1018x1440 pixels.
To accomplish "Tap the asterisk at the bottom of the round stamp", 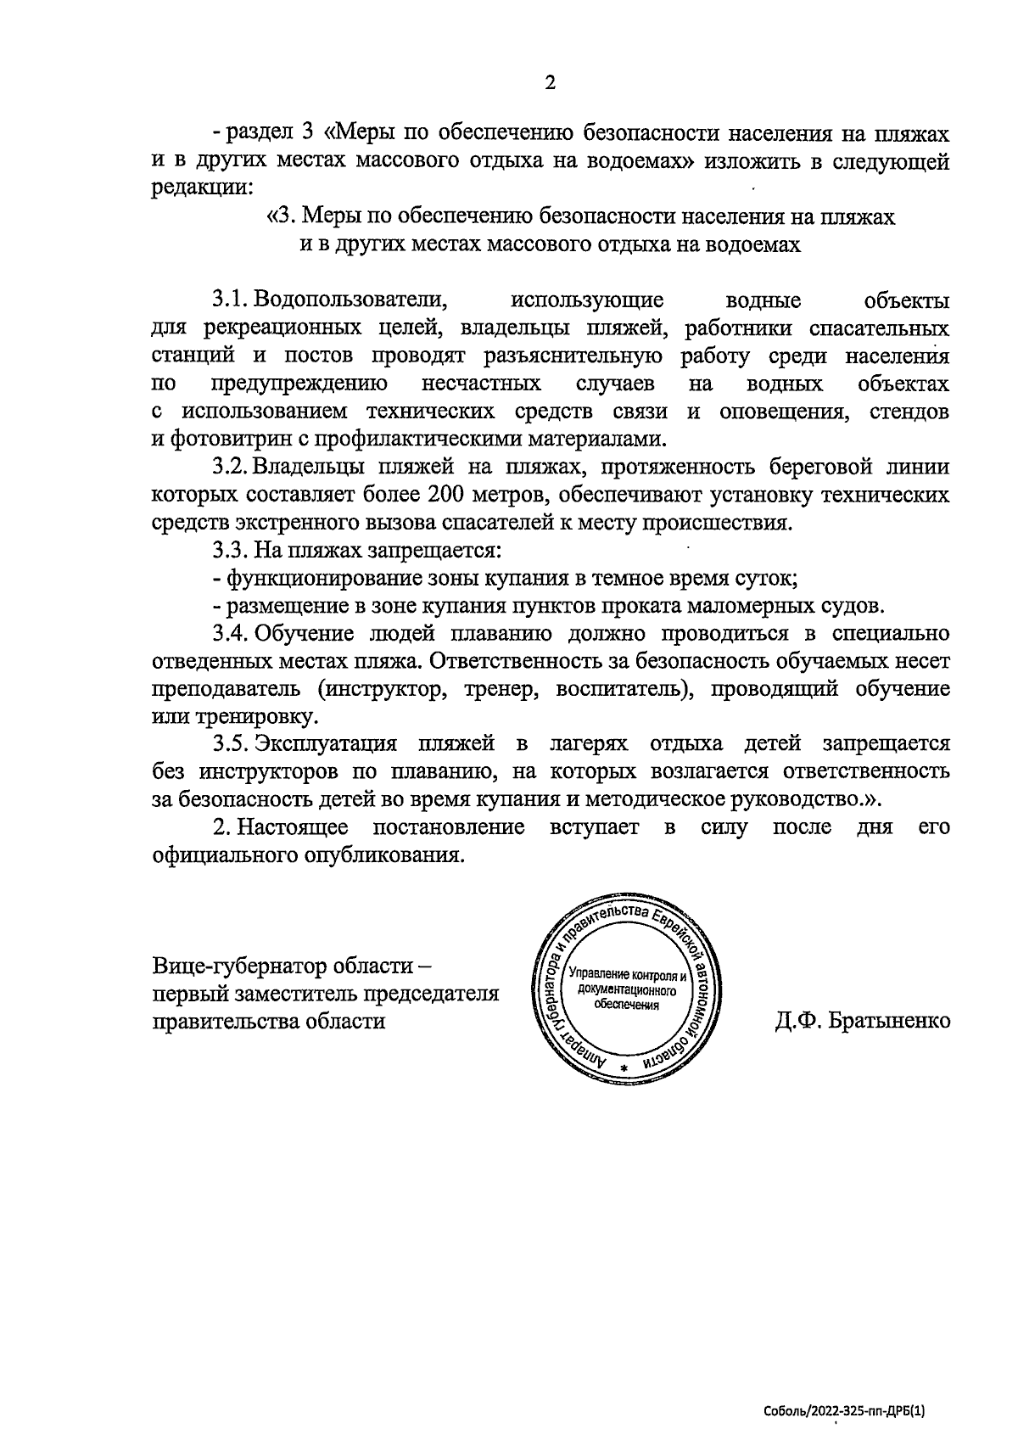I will coord(624,1067).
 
